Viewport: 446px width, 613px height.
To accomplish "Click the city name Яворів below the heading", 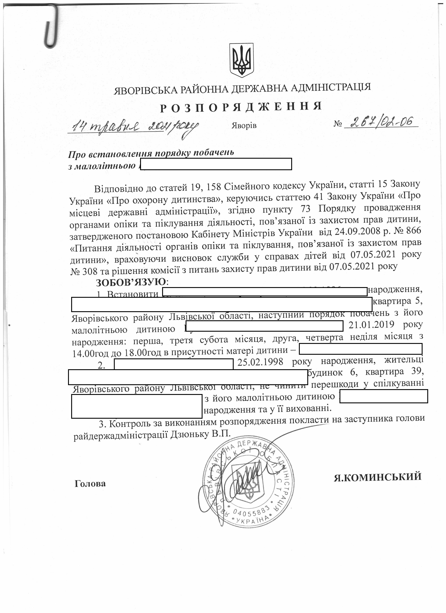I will coord(244,126).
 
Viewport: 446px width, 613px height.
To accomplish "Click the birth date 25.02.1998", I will coord(260,362).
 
